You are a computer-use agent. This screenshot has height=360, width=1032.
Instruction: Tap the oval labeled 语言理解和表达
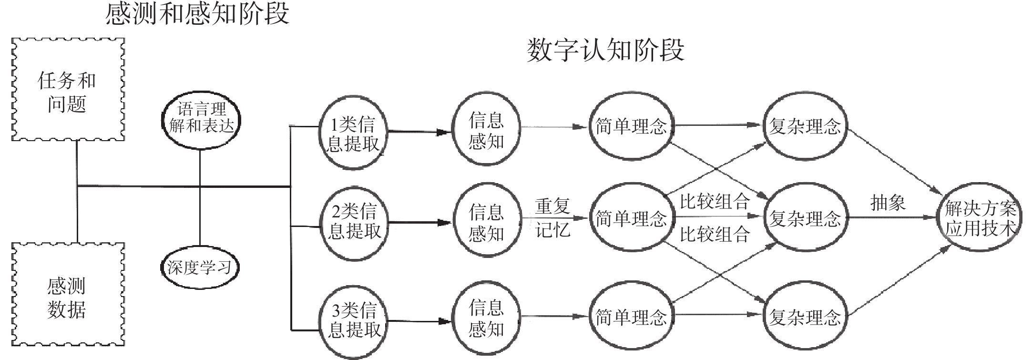click(200, 118)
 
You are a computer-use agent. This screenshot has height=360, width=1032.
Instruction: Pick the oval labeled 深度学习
click(199, 267)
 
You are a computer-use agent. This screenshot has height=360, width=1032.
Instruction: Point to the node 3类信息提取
click(353, 320)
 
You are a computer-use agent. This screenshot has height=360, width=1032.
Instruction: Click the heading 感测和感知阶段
click(197, 13)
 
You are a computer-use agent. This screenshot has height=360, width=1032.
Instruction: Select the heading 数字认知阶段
click(605, 50)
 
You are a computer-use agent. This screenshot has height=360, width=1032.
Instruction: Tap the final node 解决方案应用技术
click(981, 219)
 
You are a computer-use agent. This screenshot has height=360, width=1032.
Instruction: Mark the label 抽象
click(888, 203)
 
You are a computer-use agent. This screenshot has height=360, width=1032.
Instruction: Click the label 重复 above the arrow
click(553, 206)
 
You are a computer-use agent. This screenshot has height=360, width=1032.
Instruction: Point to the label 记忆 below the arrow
click(553, 230)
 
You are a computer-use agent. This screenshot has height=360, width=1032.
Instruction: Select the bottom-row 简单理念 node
click(631, 317)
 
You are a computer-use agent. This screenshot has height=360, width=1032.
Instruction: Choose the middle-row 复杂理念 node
click(805, 218)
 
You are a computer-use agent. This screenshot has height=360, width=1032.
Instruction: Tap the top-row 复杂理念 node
click(805, 126)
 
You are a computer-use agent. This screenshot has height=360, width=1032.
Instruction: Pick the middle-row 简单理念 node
click(631, 218)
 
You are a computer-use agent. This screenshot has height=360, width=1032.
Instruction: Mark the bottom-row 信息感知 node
click(486, 318)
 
